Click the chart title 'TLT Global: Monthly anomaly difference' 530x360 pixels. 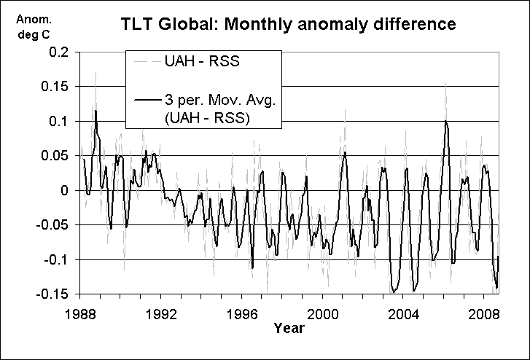coord(289,24)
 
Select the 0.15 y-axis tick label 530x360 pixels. coord(58,87)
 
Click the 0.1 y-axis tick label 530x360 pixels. coord(61,122)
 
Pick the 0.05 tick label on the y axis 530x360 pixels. coord(58,156)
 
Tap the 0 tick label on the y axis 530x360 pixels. coord(66,190)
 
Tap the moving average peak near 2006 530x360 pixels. coord(445,122)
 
